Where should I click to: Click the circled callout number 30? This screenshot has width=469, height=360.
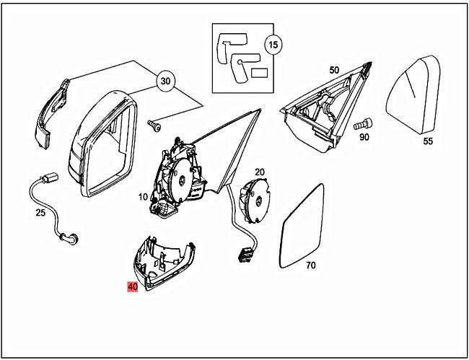[167, 82]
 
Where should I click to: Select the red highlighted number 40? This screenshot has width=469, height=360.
[133, 286]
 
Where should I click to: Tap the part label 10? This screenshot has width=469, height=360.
[143, 197]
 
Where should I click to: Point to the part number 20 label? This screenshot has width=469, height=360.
[260, 172]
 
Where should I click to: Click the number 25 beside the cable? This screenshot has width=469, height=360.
[40, 213]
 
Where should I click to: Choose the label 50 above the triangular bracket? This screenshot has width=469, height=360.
[333, 70]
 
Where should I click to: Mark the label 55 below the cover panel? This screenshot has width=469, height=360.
[428, 141]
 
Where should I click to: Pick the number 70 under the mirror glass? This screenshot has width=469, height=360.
[310, 265]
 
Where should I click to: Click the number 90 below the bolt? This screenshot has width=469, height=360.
[364, 136]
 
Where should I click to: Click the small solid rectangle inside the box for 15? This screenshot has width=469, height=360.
[260, 72]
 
